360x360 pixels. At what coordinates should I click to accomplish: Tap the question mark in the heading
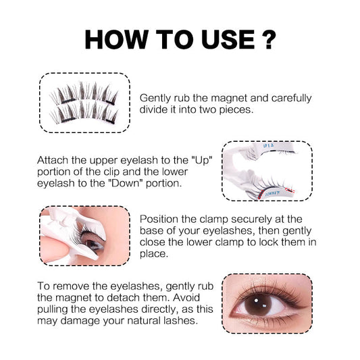tap(269, 39)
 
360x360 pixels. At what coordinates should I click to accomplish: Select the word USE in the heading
tap(228, 39)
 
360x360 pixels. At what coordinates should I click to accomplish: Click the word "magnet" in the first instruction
tap(228, 98)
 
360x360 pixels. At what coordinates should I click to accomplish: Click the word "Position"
tap(159, 219)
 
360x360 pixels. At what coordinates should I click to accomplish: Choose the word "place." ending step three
tap(154, 254)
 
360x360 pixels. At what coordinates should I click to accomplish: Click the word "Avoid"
tap(186, 298)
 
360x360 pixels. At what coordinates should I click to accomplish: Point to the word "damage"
tap(80, 321)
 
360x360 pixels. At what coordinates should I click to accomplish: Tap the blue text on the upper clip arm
tap(268, 145)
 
